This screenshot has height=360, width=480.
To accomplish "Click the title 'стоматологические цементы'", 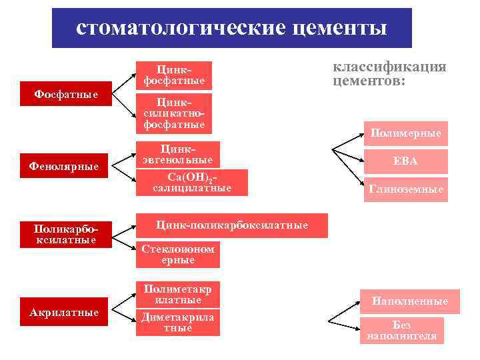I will tap(231, 29).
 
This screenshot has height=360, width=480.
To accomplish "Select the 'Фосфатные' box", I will tap(67, 95).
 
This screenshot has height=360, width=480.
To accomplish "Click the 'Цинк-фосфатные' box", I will tap(173, 75).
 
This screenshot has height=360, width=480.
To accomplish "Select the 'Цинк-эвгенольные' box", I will tap(177, 154).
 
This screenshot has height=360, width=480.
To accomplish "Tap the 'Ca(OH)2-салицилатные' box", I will tap(192, 182).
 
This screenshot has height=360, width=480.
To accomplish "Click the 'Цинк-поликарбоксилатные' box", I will tap(231, 225).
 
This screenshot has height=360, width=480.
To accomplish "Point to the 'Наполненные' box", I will tap(409, 301).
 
